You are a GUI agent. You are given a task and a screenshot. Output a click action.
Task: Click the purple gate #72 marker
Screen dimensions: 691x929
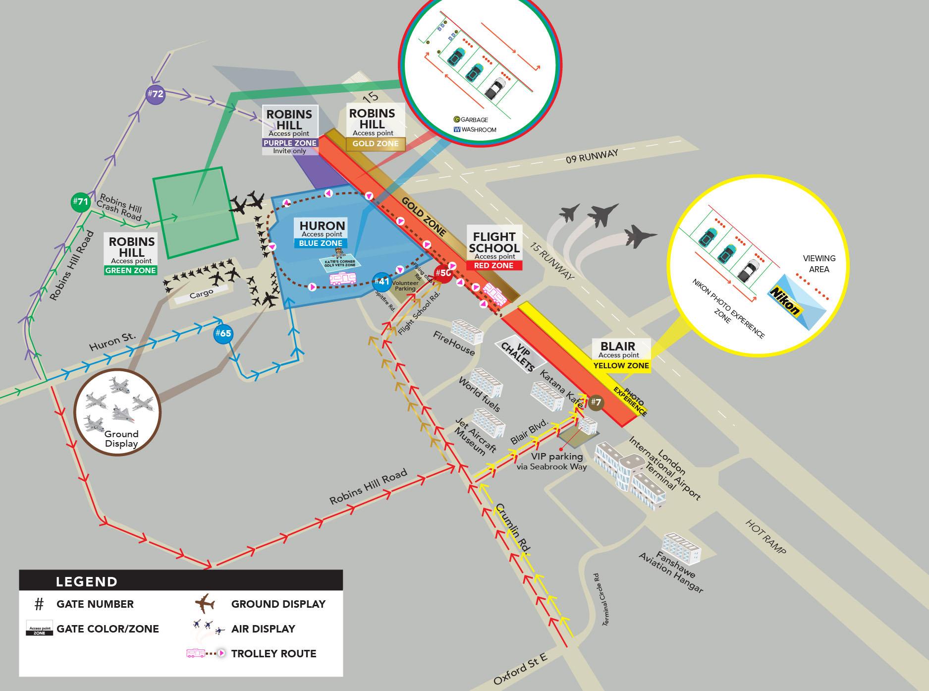155,94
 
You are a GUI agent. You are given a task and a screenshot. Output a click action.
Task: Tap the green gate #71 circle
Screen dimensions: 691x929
80,202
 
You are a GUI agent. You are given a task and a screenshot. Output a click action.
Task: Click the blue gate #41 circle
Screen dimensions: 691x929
382,282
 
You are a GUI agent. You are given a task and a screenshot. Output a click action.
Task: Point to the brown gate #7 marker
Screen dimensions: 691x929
596,402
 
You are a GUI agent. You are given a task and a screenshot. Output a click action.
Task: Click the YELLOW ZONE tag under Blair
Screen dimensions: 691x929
621,366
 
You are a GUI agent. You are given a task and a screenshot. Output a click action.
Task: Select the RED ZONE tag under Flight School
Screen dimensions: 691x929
494,266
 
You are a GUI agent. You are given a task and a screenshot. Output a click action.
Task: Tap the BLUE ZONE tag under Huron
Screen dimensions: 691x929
321,243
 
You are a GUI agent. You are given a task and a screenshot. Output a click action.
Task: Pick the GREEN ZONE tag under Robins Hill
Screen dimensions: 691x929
131,270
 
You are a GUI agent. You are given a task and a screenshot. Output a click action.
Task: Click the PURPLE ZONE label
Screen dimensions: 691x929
290,143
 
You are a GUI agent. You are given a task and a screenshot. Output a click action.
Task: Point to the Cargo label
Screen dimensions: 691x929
201,293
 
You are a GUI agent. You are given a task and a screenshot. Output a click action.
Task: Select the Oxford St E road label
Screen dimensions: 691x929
520,668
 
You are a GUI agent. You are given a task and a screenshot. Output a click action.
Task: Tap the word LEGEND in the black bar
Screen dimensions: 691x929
87,581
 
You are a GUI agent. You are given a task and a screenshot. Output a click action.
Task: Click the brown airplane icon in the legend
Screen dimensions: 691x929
205,604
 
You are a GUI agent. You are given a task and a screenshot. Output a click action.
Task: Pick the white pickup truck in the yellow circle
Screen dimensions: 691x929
745,270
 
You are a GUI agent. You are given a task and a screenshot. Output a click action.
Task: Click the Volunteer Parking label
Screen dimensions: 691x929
404,286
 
